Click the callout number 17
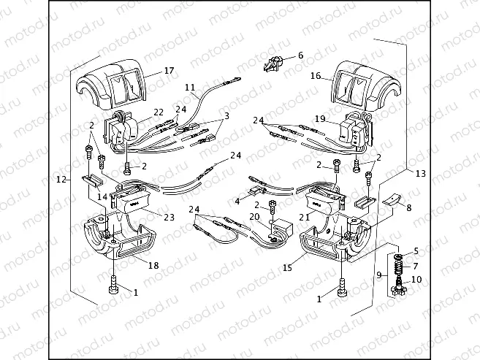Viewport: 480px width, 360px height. [169, 71]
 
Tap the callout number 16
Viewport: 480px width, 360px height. [316, 75]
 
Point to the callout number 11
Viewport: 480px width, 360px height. [190, 87]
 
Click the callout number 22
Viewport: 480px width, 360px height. [159, 112]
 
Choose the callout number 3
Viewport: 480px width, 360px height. [226, 115]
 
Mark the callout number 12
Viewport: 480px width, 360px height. [62, 179]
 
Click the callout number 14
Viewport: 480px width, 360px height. [103, 196]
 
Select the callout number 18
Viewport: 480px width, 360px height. [153, 266]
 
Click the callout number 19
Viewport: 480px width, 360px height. [320, 118]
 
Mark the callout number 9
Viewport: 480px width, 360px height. [379, 275]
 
